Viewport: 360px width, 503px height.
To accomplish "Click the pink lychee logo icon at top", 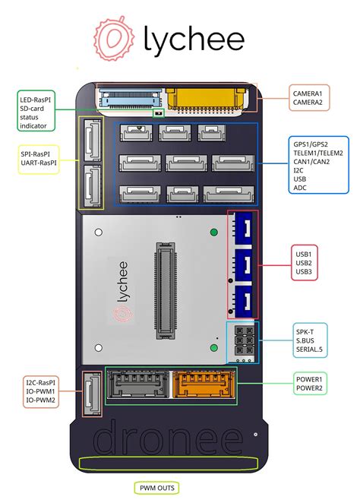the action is point(114,39).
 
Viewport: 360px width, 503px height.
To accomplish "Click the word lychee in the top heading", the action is point(194,40).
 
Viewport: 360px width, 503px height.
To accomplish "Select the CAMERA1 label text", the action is point(308,93).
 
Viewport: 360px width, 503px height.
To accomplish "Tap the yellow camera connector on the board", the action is point(206,99).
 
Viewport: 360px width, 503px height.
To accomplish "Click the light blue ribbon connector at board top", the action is point(131,98).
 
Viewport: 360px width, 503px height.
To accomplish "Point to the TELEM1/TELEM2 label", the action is point(318,153).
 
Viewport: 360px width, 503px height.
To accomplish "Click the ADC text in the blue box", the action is point(300,188).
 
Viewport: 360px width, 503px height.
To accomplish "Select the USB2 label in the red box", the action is point(304,263).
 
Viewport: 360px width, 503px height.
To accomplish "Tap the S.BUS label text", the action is point(305,340).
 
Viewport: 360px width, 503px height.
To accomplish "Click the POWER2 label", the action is point(309,388).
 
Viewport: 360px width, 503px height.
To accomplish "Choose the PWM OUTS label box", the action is point(156,489).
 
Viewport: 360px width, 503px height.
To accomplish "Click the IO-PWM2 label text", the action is point(41,400).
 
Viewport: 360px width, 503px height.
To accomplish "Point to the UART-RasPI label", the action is point(39,163).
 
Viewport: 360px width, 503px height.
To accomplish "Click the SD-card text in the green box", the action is point(32,109).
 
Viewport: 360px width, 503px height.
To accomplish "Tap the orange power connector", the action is point(204,384).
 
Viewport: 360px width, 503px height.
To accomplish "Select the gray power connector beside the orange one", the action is point(138,384).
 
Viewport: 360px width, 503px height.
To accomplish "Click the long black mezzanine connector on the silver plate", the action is point(166,291).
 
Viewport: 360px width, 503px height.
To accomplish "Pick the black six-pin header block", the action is point(245,340).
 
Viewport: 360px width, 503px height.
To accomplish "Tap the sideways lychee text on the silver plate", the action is point(122,282).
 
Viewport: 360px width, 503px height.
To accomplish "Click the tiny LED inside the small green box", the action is point(158,113).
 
